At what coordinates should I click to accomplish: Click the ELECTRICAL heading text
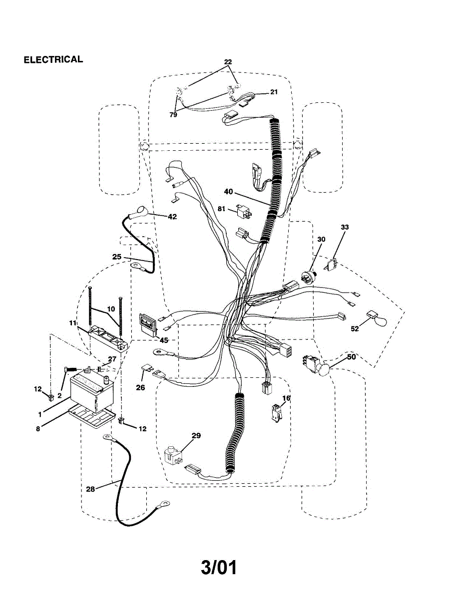tap(53, 59)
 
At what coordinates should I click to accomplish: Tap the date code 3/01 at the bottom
tap(219, 568)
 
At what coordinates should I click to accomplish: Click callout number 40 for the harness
tap(228, 191)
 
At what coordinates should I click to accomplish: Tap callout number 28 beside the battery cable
tap(90, 489)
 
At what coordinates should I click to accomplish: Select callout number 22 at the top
tap(228, 62)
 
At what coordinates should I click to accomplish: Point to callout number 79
tap(173, 114)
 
